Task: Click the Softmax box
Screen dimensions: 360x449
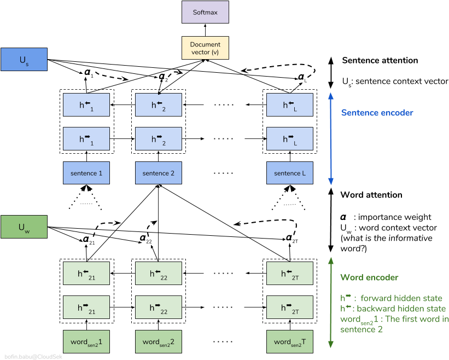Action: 205,12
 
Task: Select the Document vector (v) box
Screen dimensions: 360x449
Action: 205,48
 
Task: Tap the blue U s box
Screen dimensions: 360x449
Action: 24,60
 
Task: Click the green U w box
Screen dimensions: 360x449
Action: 24,227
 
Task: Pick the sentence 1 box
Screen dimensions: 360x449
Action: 86,173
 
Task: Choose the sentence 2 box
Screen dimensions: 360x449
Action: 159,173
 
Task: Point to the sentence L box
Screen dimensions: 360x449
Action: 290,173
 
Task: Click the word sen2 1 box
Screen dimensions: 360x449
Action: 86,341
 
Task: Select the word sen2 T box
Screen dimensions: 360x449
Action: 290,341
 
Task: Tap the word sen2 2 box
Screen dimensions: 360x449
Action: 159,341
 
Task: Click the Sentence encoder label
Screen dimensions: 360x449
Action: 377,113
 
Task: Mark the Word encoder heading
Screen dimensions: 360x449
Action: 369,277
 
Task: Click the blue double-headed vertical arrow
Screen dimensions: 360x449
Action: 331,138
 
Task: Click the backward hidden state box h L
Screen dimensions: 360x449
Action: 290,105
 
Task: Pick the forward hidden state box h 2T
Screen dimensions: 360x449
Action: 290,307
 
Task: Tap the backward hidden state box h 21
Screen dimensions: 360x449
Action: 86,274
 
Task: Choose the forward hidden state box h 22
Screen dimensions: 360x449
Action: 159,307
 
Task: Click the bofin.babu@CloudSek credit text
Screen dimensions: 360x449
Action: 33,356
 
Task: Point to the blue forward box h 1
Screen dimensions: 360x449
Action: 86,139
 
